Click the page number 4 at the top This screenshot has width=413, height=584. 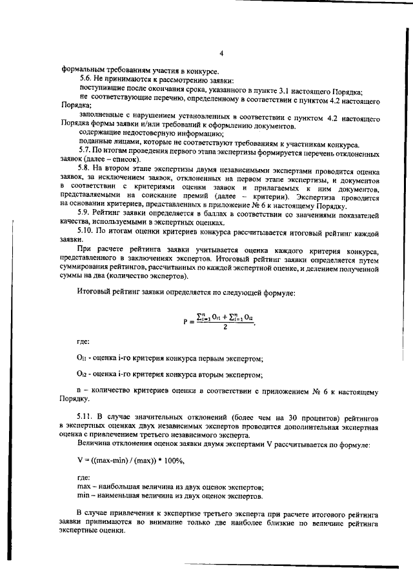pos(221,54)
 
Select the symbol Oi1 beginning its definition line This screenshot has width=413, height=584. pos(81,356)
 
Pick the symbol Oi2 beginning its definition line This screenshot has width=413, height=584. pos(81,374)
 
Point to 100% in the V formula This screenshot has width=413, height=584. pos(173,460)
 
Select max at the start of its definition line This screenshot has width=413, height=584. pos(85,486)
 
